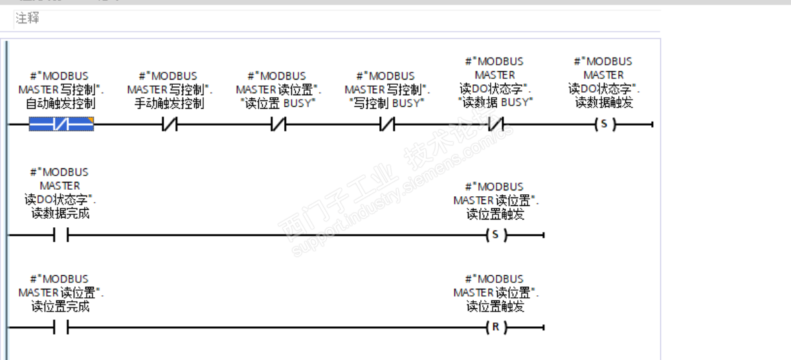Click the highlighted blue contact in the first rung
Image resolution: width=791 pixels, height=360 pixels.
[61, 124]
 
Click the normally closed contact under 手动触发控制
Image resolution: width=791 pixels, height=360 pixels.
[170, 124]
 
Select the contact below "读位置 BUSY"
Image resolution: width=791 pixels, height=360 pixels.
[278, 124]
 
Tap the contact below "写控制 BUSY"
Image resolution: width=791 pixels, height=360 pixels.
[387, 124]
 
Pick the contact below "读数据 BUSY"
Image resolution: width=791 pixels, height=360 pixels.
[496, 124]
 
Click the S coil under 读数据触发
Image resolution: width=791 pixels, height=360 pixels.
[605, 124]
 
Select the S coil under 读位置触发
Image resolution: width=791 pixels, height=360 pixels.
[496, 235]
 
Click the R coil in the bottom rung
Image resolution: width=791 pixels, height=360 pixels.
[496, 328]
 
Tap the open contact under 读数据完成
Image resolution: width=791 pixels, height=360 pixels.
[61, 235]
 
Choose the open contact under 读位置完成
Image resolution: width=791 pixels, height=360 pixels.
[61, 328]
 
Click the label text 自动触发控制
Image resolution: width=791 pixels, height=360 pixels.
[61, 104]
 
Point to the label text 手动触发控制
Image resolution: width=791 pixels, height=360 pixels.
[170, 104]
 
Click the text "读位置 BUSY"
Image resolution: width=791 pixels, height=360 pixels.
[278, 104]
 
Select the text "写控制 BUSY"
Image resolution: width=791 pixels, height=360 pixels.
[387, 104]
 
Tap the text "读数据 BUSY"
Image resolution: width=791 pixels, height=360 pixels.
[496, 102]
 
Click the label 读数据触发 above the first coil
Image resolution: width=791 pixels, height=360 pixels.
[605, 102]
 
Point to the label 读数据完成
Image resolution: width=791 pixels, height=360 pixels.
[61, 214]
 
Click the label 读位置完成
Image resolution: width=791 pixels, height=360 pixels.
[61, 306]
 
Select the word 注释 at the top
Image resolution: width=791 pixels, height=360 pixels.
[28, 19]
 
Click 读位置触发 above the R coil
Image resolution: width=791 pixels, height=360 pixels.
[496, 306]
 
